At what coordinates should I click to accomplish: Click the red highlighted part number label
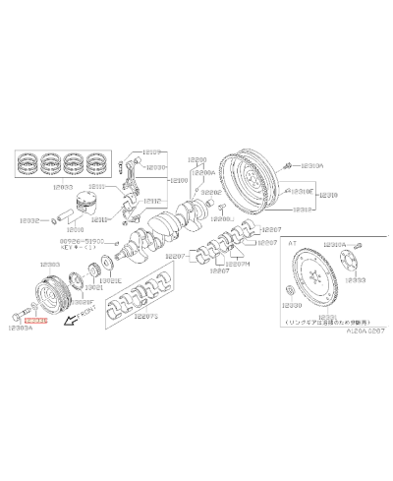tap(35, 321)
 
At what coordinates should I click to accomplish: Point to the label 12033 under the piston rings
tap(63, 185)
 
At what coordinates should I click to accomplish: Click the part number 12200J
tap(225, 220)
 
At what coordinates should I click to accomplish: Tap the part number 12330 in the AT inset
tap(297, 304)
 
